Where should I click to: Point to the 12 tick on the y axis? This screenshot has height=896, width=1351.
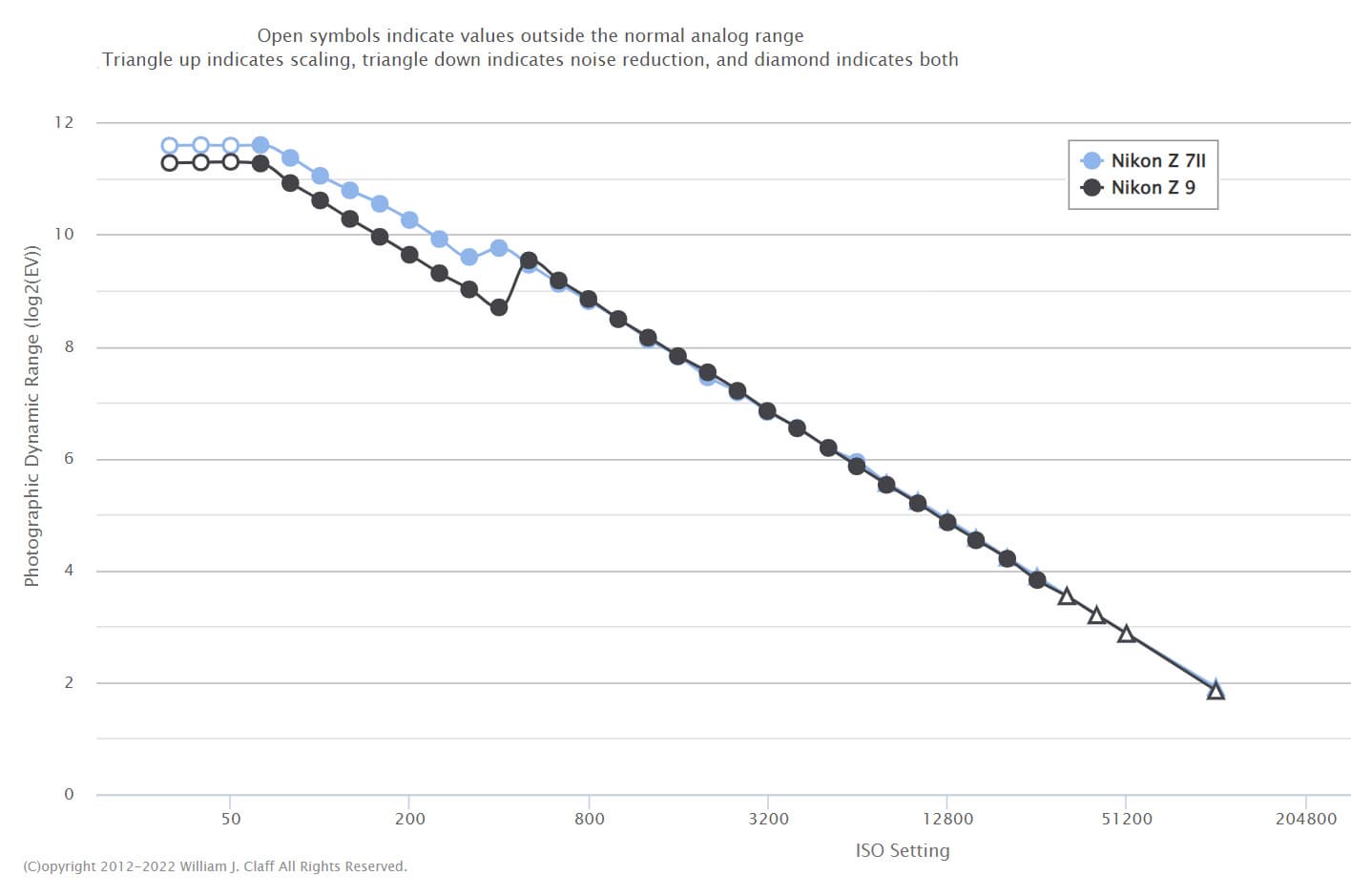coord(64,122)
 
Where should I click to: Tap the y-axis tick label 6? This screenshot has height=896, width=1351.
coord(69,459)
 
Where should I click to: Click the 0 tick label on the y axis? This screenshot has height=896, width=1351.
coord(69,794)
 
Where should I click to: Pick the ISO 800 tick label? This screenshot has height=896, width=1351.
coord(590,819)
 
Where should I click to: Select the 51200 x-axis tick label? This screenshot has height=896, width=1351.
coord(1127,819)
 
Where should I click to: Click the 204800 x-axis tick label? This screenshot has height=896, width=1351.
coord(1306,819)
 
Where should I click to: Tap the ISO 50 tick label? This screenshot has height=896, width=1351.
coord(231,819)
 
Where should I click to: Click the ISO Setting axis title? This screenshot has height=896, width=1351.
coord(903,850)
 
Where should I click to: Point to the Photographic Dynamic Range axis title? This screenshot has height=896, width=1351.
coord(32,417)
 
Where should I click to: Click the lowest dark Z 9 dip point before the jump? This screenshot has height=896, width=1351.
coord(499,307)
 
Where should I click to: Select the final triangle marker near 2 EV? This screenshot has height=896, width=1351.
coord(1216,690)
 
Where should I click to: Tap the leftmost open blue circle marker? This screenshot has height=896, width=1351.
coord(170,146)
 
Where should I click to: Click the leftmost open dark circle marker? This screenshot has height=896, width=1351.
coord(170,162)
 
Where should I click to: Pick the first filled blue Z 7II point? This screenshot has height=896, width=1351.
coord(260,145)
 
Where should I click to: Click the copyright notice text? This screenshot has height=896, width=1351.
coord(215,866)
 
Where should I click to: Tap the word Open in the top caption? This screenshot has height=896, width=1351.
coord(280,35)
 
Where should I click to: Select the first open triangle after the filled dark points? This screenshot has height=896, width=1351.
coord(1067,596)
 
